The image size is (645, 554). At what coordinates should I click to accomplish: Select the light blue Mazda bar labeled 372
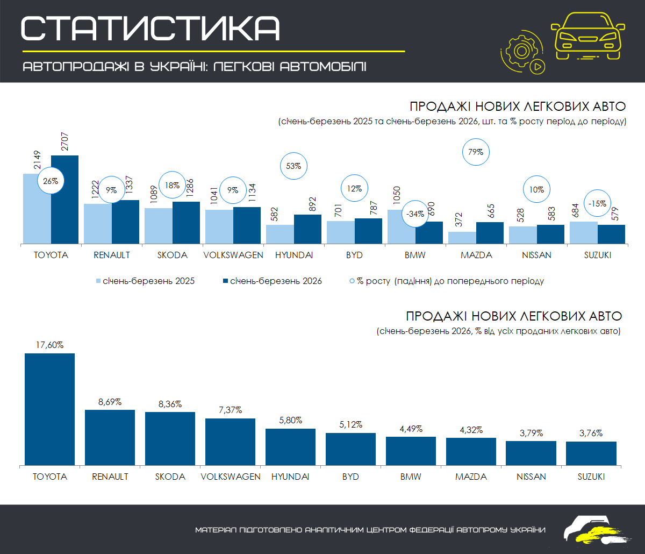pyautogui.click(x=462, y=238)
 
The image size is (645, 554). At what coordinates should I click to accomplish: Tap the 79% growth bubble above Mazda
pyautogui.click(x=476, y=152)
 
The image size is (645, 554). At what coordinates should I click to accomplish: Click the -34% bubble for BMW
pyautogui.click(x=415, y=214)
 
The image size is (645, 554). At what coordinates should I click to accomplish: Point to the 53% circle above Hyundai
pyautogui.click(x=293, y=166)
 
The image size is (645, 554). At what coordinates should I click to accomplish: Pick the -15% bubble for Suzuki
pyautogui.click(x=597, y=204)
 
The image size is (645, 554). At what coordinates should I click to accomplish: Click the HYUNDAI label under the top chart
pyautogui.click(x=293, y=255)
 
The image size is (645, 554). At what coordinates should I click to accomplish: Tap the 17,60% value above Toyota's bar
pyautogui.click(x=50, y=345)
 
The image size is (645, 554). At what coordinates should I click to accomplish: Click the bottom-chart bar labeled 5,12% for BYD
pyautogui.click(x=350, y=449)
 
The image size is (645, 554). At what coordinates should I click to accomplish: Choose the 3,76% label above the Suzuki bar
pyautogui.click(x=591, y=433)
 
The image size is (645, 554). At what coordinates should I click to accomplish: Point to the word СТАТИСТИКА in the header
pyautogui.click(x=150, y=28)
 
